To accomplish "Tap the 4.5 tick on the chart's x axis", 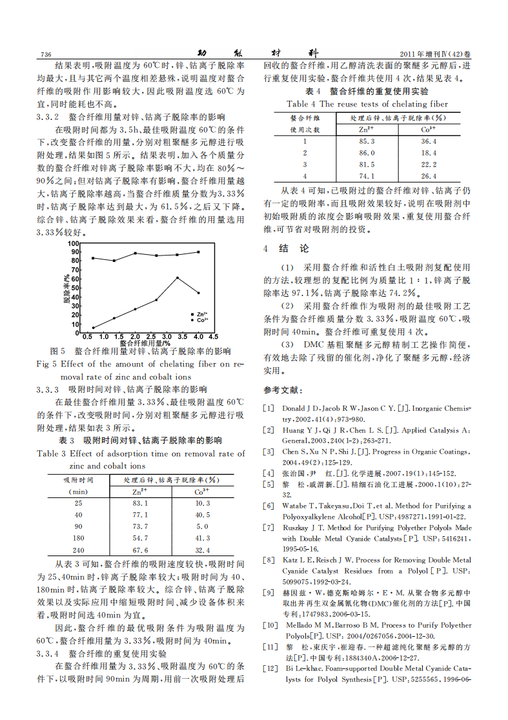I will click(x=214, y=336).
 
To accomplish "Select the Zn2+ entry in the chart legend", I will click(x=201, y=313).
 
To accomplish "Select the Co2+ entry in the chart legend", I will click(x=201, y=319).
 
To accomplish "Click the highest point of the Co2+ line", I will click(x=178, y=277).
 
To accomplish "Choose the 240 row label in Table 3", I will click(x=78, y=549).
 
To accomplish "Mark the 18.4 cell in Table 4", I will click(x=429, y=152).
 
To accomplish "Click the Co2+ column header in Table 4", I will click(x=429, y=129).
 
